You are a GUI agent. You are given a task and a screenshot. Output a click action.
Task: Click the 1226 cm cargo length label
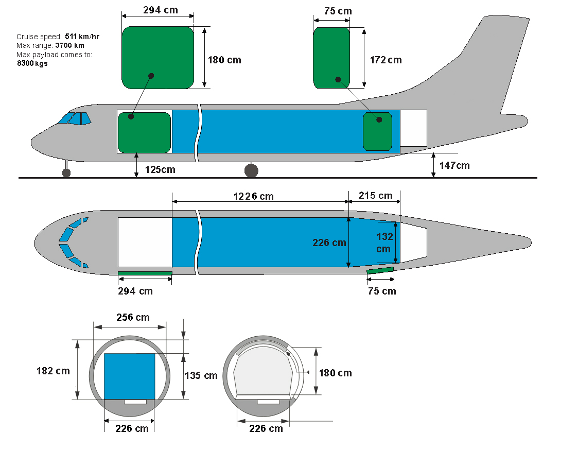(253, 196)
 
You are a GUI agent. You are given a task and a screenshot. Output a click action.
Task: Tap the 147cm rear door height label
(454, 165)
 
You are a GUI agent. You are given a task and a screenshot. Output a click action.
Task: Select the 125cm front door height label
(160, 169)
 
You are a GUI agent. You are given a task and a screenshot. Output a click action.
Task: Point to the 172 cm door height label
(386, 60)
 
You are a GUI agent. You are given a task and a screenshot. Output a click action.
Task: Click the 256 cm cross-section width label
(133, 317)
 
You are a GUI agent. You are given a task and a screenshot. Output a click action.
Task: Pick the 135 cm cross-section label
(201, 375)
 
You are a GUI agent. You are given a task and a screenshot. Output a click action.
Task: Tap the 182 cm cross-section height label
(53, 371)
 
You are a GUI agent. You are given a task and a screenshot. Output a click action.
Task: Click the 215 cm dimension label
(375, 196)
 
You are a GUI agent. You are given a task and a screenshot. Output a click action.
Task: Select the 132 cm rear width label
(384, 243)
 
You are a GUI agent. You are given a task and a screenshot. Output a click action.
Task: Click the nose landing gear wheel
(66, 172)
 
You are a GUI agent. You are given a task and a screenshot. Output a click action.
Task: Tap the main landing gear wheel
(251, 170)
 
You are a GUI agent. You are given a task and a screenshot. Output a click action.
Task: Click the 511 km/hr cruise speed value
(82, 37)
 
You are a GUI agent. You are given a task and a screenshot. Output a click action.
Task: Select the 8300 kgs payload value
(32, 63)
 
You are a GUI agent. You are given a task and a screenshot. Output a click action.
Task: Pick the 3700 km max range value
(69, 45)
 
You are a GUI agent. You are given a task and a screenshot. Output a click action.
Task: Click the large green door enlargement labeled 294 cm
(157, 58)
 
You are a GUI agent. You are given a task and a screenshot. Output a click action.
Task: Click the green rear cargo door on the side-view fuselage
(377, 131)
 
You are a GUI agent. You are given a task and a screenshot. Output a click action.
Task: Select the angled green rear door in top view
(380, 270)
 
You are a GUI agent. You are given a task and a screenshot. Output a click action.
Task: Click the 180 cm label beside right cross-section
(335, 373)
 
